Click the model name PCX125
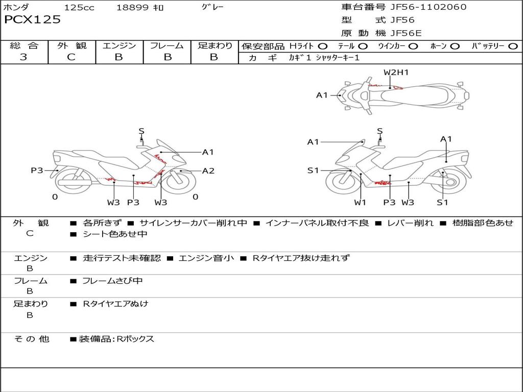32,20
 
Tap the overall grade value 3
23,57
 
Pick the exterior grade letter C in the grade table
71,57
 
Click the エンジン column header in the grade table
119,46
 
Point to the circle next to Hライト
323,46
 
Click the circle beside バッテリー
513,46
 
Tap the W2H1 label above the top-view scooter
396,72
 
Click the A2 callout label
208,171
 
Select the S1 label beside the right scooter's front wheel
313,170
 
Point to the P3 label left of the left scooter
37,170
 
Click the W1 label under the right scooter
360,203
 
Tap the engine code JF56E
406,33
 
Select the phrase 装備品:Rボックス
116,339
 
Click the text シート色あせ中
115,234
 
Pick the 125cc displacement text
79,8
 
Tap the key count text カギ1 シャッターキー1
324,58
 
